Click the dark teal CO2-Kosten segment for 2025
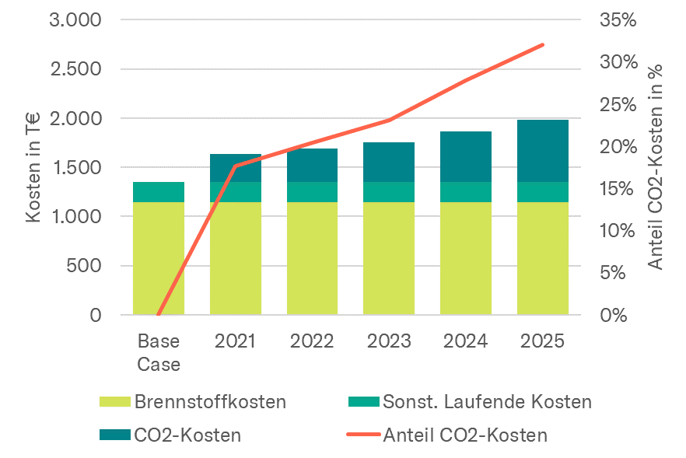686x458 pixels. tap(543, 151)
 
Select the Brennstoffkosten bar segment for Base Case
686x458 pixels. tap(159, 258)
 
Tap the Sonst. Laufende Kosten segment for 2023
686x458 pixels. tap(389, 192)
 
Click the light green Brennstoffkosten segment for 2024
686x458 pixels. tap(466, 258)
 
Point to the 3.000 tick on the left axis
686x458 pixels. tap(75, 20)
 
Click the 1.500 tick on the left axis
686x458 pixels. tap(75, 168)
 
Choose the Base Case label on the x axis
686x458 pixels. tap(159, 352)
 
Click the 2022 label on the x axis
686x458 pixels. tap(312, 341)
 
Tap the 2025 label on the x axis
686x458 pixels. tap(543, 341)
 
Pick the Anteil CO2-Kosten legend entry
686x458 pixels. tap(465, 435)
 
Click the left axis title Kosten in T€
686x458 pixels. tap(33, 167)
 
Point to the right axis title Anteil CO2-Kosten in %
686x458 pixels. tap(656, 167)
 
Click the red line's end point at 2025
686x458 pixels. tap(543, 44)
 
